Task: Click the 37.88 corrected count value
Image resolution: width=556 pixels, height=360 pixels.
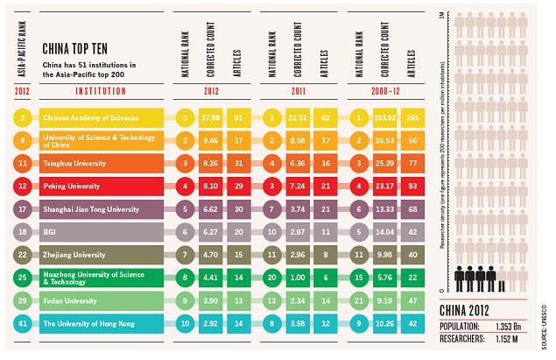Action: [208, 116]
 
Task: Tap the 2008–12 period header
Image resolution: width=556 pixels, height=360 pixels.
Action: [381, 89]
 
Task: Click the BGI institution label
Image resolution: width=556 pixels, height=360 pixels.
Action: [50, 232]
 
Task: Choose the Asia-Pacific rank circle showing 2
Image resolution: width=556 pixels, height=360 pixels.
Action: [21, 116]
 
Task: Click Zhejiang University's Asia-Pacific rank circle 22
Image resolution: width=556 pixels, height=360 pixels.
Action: [21, 255]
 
